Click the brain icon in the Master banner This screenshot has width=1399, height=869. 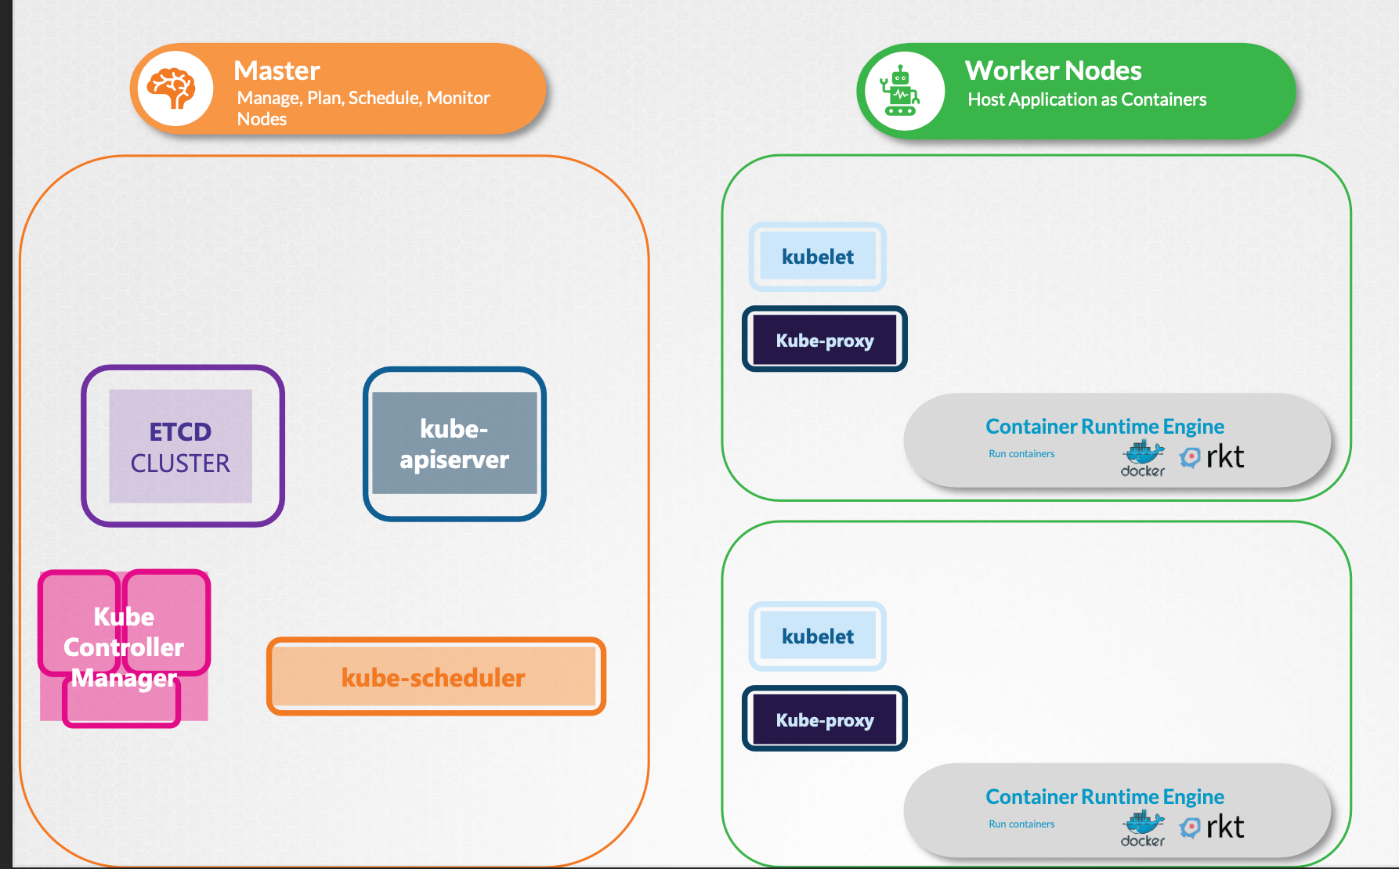(174, 88)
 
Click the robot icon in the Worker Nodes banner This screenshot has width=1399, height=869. (901, 92)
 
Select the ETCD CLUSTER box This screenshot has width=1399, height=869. (181, 446)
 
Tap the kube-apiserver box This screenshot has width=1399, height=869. (454, 444)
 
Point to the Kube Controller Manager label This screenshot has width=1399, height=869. (124, 647)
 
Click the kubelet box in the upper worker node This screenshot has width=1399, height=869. (818, 257)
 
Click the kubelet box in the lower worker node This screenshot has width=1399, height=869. (818, 636)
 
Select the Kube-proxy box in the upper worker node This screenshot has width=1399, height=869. (825, 340)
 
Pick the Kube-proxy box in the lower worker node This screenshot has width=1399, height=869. (825, 719)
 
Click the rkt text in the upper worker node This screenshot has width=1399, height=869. (1225, 456)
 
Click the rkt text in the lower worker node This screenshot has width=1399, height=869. (1225, 827)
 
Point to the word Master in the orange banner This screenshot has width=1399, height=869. (277, 70)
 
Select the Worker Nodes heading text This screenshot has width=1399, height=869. (1053, 70)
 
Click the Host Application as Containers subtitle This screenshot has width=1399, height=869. (1086, 99)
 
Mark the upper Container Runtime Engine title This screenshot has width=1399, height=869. (1104, 427)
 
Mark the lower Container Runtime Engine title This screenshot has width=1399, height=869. (1104, 797)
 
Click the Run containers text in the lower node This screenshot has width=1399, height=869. (1021, 824)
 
